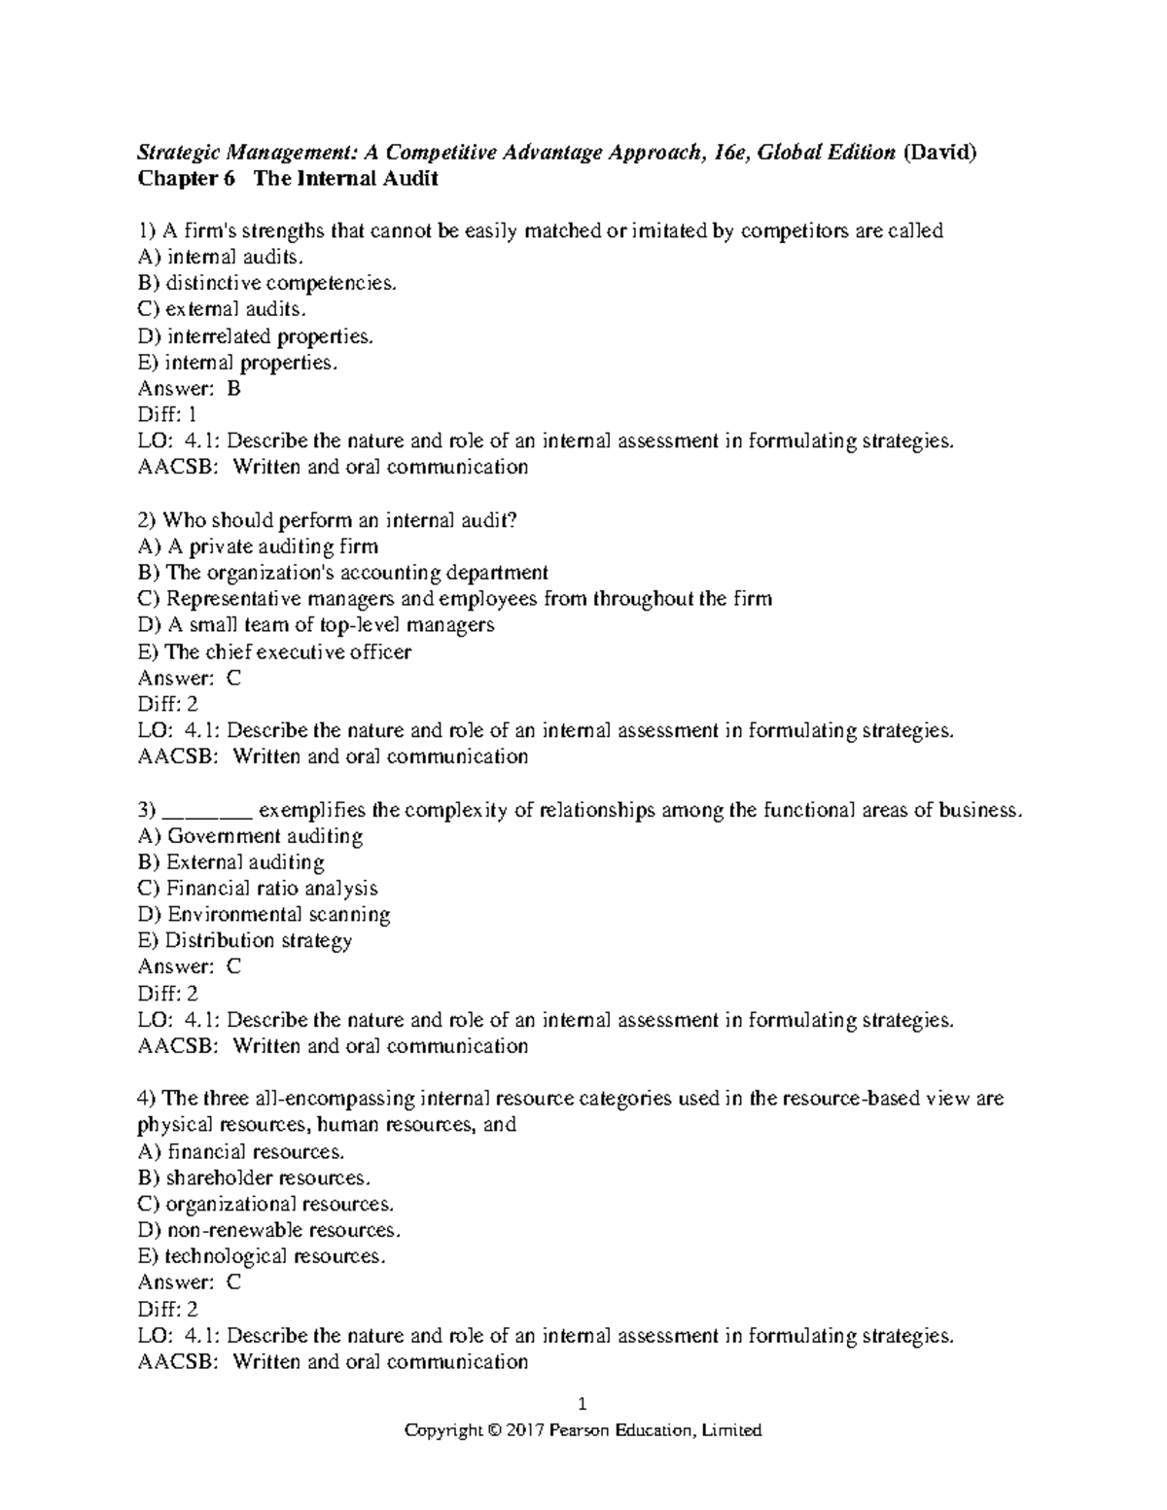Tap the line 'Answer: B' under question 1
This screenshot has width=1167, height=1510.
[x=190, y=389]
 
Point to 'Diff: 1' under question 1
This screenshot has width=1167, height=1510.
[x=167, y=415]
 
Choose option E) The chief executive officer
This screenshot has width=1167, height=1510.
[x=275, y=651]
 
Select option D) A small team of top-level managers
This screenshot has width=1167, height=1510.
[x=316, y=625]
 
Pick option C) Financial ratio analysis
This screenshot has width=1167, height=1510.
[x=258, y=889]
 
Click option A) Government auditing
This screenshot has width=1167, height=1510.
[x=251, y=836]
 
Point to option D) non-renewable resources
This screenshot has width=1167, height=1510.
[x=269, y=1231]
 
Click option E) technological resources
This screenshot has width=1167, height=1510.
[x=263, y=1257]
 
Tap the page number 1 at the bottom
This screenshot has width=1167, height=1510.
[x=583, y=1404]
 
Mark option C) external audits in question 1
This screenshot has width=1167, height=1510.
[x=223, y=310]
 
